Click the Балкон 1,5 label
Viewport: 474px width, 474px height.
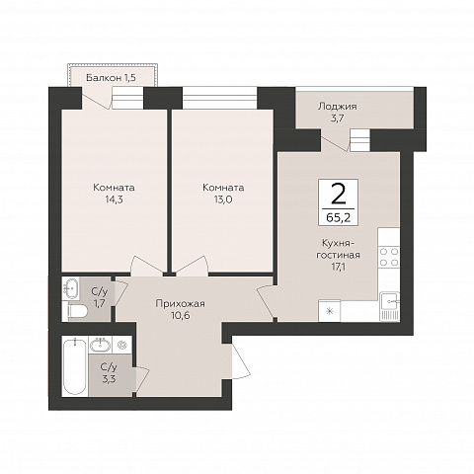tap(111, 78)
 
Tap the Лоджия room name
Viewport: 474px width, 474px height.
tap(337, 107)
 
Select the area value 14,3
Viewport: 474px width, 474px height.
tap(114, 199)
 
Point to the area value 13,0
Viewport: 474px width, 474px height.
tap(223, 199)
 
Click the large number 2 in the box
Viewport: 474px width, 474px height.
tap(338, 194)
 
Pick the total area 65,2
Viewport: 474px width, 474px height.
tap(338, 217)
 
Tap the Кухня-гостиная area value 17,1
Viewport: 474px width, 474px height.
tap(338, 267)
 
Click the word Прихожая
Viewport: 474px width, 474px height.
tap(180, 303)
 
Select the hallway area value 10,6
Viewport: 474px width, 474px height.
tap(181, 315)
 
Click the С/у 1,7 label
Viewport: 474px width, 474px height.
tap(100, 297)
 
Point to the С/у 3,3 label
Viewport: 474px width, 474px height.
tap(109, 373)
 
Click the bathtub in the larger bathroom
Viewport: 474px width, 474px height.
tap(75, 366)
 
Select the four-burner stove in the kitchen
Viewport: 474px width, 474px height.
tap(389, 258)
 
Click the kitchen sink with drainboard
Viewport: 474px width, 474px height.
tap(389, 306)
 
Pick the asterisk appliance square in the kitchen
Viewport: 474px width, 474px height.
tap(330, 311)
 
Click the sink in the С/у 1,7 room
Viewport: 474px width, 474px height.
tap(71, 289)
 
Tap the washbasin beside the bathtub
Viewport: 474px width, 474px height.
tap(100, 345)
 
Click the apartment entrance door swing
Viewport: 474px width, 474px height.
tap(241, 359)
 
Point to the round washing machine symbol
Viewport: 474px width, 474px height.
tap(122, 345)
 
